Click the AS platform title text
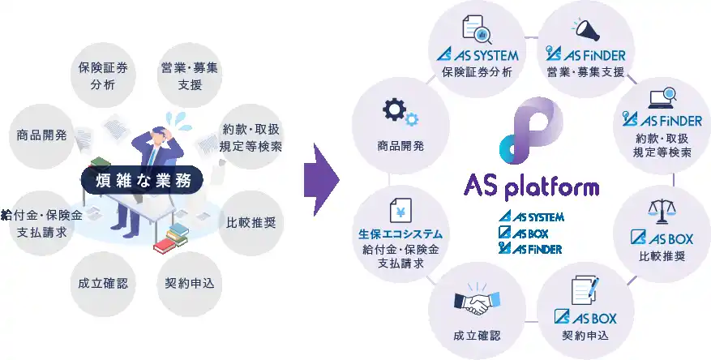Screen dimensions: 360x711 coord(532,187)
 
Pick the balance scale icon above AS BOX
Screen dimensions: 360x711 coord(662,212)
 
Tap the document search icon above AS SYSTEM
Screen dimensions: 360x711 coord(477,31)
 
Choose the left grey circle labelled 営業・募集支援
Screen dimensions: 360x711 coord(189,75)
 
